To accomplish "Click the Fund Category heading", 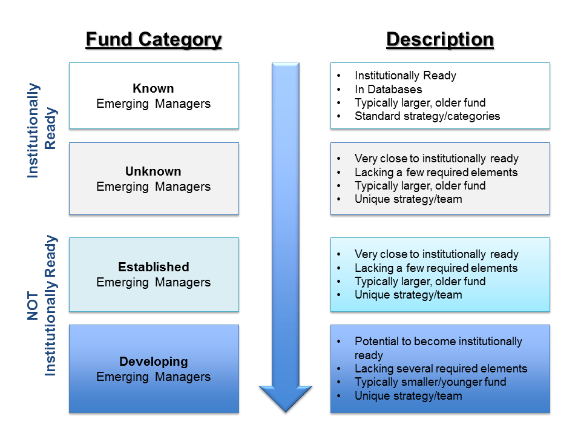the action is click(154, 40).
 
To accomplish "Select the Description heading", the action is click(440, 39).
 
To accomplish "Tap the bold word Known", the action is click(153, 88).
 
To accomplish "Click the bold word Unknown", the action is click(153, 171).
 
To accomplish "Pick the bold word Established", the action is click(153, 267).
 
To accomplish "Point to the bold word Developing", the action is click(153, 362).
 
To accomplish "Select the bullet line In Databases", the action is click(389, 90).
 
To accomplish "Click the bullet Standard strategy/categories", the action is click(427, 116).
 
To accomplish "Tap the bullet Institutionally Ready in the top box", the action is click(405, 76).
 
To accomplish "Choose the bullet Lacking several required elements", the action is click(441, 369).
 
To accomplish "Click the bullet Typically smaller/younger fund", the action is click(430, 382).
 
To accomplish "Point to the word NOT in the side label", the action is click(33, 306).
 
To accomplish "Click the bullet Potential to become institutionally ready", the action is click(438, 348).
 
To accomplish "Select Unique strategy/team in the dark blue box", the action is click(409, 396).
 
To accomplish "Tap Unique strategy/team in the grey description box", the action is click(409, 199).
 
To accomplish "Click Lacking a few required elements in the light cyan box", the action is click(436, 268).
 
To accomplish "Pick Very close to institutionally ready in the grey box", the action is click(436, 159).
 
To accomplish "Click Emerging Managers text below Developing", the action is click(153, 377).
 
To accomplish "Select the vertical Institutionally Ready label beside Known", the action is click(42, 131).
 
